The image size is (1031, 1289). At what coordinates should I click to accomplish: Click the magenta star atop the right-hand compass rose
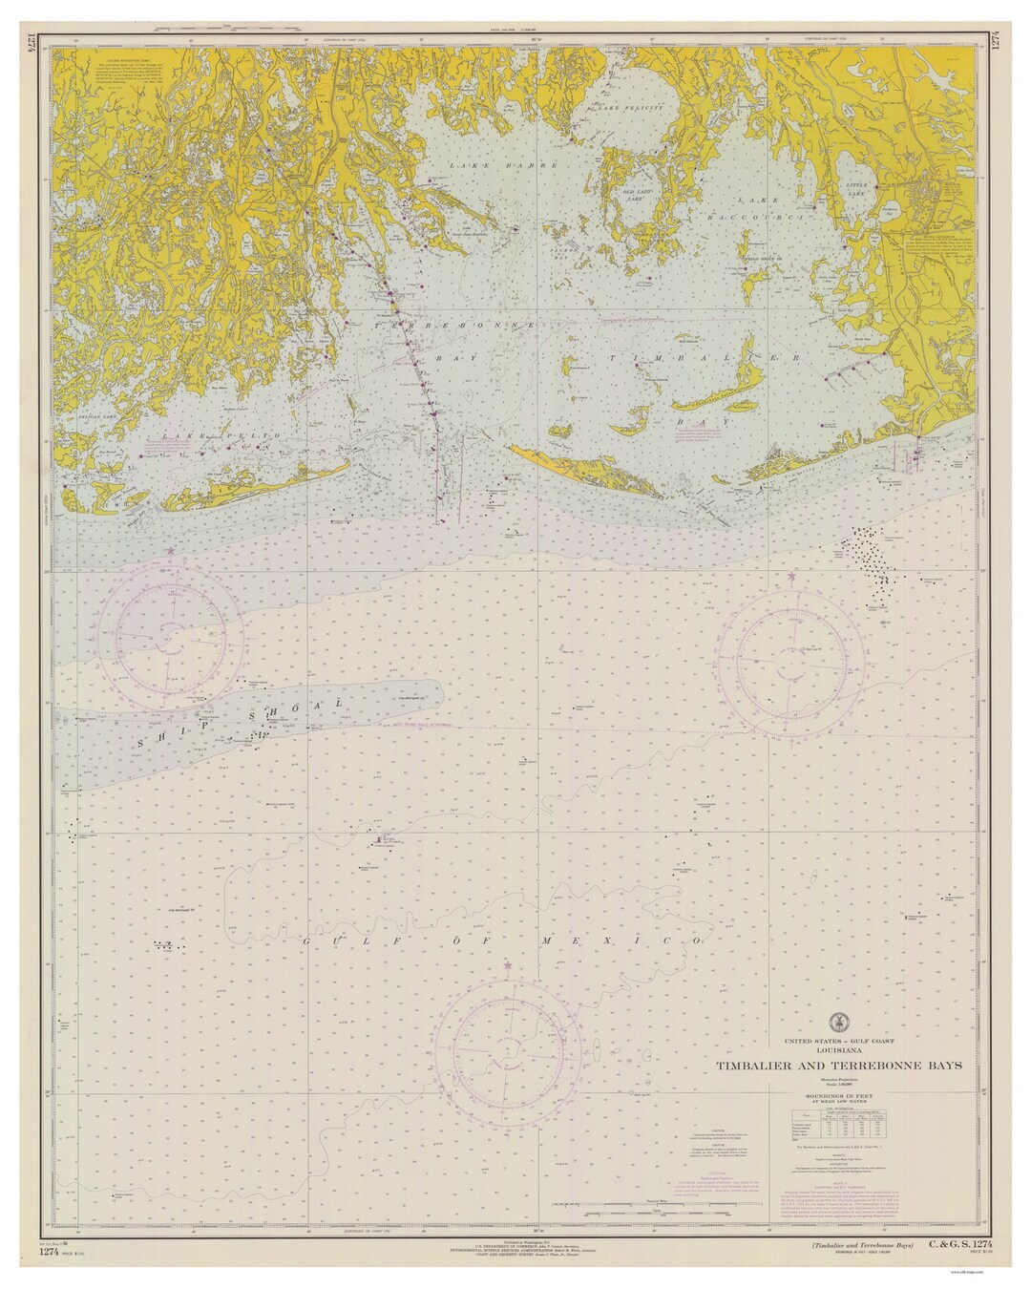790,577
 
